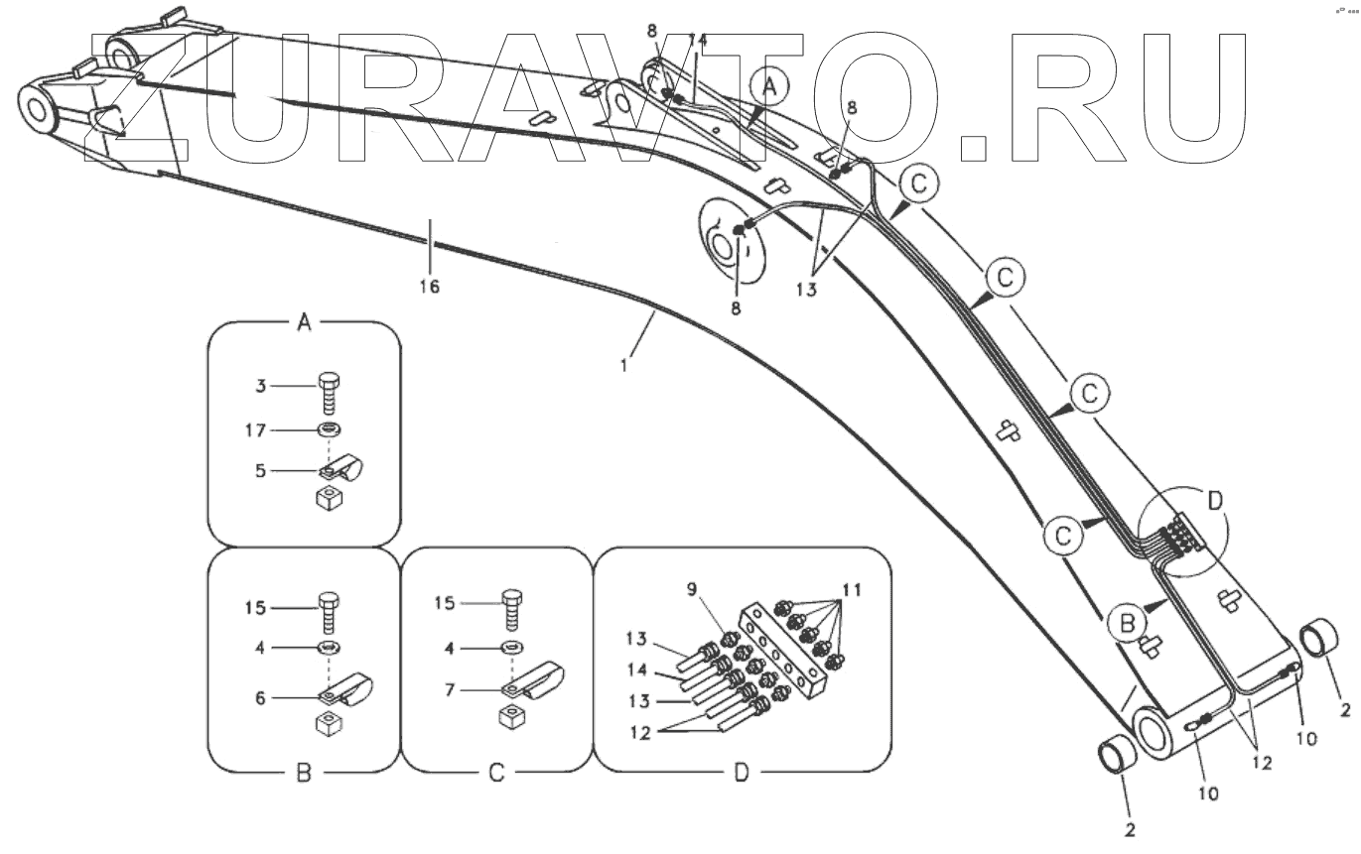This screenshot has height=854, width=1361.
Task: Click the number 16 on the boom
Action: click(x=429, y=288)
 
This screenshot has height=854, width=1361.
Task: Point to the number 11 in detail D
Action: click(x=850, y=589)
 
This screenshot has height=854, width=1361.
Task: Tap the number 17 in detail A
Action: click(x=257, y=431)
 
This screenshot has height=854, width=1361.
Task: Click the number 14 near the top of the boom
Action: click(x=699, y=41)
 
